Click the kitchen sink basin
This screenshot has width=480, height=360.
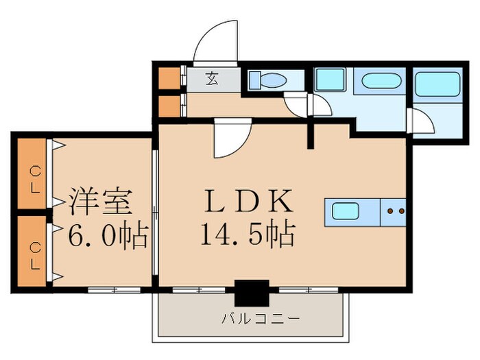click(346, 211)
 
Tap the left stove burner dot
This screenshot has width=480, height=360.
click(390, 211)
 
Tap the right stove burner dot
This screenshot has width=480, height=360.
click(400, 211)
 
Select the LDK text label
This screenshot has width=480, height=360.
click(250, 202)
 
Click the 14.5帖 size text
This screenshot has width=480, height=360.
click(248, 235)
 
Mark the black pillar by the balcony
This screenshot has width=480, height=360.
click(251, 293)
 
